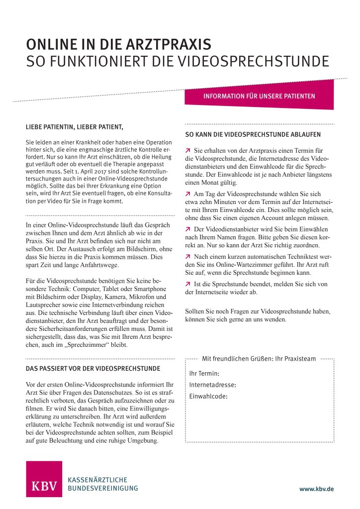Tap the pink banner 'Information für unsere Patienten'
[x=259, y=96]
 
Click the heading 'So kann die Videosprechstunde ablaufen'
[x=253, y=134]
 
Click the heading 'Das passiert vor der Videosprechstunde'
[x=92, y=369]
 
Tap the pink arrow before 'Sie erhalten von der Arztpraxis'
[x=187, y=150]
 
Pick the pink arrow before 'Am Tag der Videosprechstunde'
[x=187, y=193]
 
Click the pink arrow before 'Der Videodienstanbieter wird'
[x=187, y=228]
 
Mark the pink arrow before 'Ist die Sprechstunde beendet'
[x=187, y=284]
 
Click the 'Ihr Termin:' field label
[x=204, y=373]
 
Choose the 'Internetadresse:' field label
[x=213, y=385]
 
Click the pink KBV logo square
[x=44, y=479]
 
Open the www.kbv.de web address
[x=316, y=489]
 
